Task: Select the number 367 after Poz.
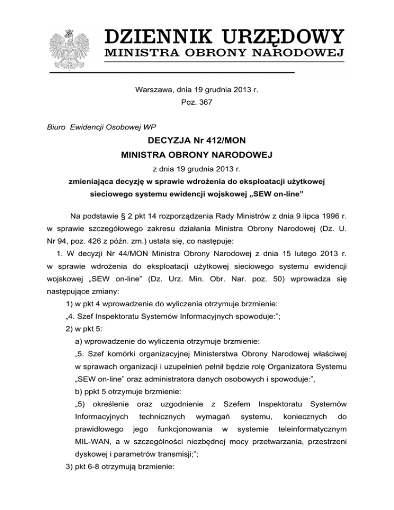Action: pyautogui.click(x=203, y=103)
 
